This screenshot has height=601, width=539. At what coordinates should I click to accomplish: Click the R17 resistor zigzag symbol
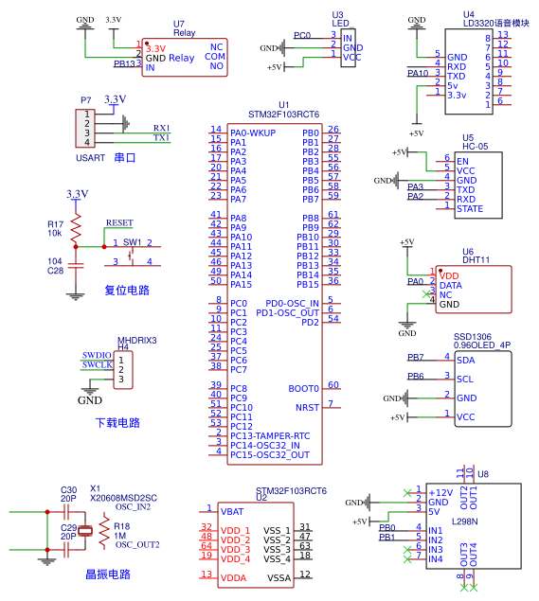(76, 228)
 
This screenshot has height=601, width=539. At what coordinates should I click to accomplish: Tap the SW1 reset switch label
(132, 242)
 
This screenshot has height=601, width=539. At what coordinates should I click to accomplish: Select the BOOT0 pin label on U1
(303, 389)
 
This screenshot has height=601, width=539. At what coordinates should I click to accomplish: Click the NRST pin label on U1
(307, 407)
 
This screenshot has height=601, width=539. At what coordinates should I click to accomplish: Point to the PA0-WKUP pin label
(253, 133)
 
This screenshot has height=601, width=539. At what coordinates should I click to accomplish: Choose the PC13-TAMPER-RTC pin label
(270, 435)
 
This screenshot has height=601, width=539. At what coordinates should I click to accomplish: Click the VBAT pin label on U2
(232, 512)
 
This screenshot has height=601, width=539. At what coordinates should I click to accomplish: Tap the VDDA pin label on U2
(233, 578)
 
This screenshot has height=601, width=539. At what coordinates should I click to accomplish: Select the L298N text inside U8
(464, 521)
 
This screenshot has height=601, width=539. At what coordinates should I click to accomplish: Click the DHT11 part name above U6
(476, 260)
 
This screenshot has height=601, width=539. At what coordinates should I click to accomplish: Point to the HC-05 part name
(475, 146)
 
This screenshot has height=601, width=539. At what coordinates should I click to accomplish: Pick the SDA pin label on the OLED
(466, 361)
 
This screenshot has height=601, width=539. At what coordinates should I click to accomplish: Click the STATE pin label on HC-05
(470, 209)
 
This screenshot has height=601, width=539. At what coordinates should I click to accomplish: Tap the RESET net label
(119, 222)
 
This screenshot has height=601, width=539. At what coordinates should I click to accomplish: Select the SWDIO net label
(97, 355)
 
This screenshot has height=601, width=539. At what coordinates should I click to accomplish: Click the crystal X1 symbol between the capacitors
(85, 531)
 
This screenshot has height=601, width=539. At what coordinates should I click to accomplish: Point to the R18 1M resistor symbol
(104, 531)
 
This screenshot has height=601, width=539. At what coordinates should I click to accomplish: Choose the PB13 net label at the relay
(124, 63)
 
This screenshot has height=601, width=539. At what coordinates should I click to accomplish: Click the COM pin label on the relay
(215, 57)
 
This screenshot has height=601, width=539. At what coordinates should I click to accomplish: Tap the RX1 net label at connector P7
(161, 128)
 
